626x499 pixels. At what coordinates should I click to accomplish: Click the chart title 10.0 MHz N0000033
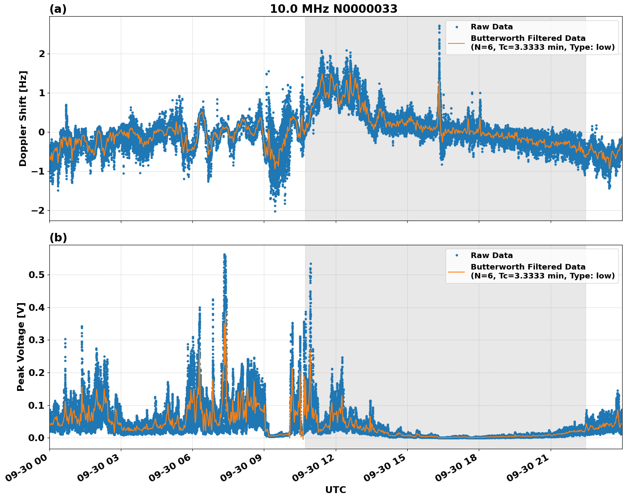coord(334,9)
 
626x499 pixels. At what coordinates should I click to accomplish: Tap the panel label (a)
coord(58,9)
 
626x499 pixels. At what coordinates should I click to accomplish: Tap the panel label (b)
coord(58,238)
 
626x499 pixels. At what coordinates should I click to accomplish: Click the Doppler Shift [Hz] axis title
coord(23,118)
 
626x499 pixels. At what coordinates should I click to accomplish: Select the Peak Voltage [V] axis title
coord(21,347)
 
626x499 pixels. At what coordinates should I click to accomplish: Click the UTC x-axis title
coord(335,490)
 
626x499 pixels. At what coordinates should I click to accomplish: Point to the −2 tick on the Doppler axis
coord(38,211)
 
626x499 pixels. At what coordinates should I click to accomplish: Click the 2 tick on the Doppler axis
coord(42,54)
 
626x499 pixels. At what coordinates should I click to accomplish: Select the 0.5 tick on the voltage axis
coord(36,275)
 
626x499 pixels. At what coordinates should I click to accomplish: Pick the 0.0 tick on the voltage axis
coord(36,438)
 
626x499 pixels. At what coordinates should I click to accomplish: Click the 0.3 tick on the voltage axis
coord(36,340)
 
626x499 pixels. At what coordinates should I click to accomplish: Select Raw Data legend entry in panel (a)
coord(492,27)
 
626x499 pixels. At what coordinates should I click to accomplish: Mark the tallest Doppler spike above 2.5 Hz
coord(439,26)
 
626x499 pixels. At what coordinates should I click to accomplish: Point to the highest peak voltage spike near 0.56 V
coord(224,255)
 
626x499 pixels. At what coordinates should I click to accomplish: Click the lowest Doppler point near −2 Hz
coord(275,211)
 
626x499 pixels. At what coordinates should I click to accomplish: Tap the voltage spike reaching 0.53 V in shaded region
coord(311,264)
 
